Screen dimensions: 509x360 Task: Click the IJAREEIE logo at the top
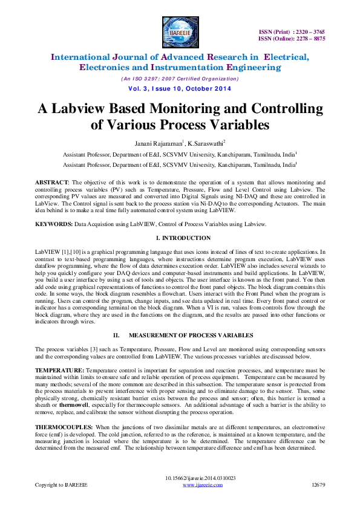click(x=180, y=31)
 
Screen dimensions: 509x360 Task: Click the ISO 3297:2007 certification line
click(x=180, y=79)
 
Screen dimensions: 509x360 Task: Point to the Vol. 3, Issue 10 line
click(x=180, y=89)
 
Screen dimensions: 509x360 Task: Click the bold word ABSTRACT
click(x=51, y=182)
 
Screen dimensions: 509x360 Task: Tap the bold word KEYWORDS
click(x=53, y=224)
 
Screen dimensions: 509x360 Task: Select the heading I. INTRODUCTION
click(x=180, y=238)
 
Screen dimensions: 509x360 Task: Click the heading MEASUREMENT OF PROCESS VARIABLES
click(x=189, y=334)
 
